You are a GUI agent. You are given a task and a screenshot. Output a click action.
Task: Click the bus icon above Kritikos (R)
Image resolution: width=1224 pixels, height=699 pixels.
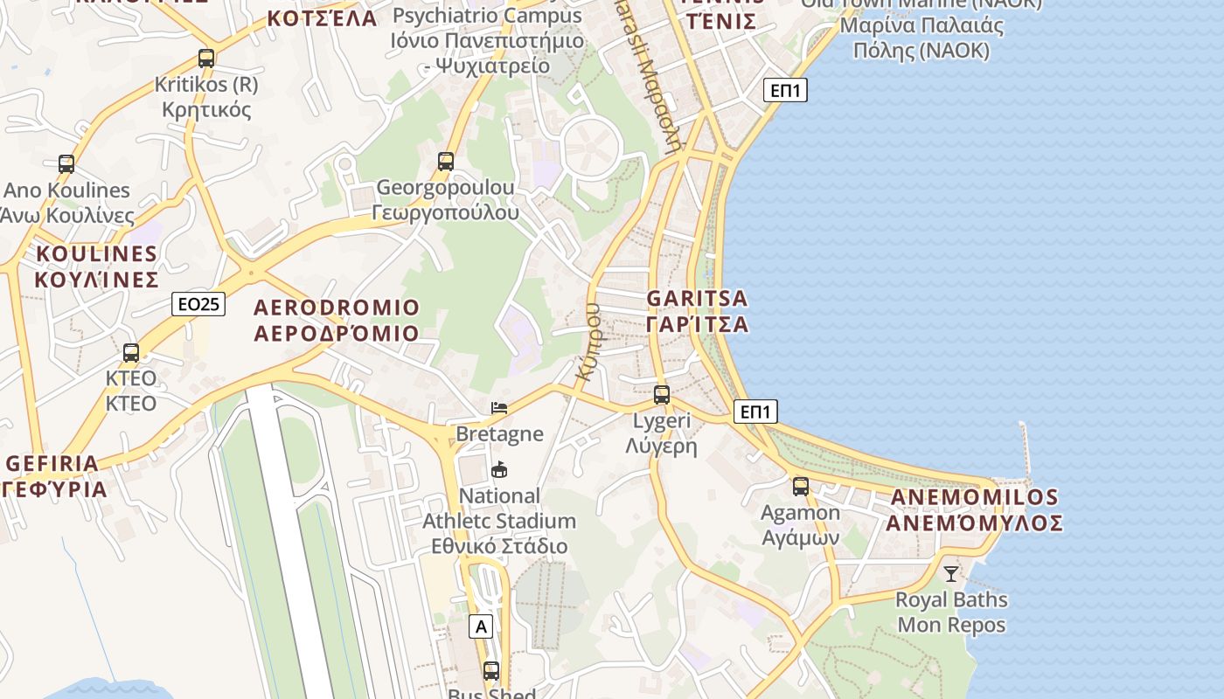(206, 59)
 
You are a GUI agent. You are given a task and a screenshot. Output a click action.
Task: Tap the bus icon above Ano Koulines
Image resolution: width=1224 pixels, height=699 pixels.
(66, 163)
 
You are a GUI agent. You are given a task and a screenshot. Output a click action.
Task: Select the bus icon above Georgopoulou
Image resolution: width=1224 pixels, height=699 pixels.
(446, 161)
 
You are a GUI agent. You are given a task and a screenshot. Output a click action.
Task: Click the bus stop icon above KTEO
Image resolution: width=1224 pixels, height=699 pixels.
(131, 353)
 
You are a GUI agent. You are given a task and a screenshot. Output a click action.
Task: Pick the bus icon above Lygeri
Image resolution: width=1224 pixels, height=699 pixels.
(662, 395)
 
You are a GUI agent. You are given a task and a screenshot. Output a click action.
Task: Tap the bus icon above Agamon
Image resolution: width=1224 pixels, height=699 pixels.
(801, 487)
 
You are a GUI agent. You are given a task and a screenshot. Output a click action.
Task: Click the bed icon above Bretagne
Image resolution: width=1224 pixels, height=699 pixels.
(499, 408)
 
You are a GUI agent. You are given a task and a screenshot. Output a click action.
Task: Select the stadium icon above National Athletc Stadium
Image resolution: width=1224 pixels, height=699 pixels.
(499, 470)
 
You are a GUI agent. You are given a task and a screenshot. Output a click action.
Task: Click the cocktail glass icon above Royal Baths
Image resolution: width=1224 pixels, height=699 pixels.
(951, 574)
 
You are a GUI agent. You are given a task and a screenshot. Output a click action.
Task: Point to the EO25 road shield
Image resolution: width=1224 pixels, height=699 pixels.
(198, 304)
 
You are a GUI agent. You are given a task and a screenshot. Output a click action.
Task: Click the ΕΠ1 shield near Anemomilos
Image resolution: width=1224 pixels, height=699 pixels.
(755, 412)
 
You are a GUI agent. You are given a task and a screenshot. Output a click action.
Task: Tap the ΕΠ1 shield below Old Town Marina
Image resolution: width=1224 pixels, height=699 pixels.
(785, 90)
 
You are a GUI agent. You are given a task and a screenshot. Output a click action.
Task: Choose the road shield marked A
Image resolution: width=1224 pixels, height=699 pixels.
(480, 626)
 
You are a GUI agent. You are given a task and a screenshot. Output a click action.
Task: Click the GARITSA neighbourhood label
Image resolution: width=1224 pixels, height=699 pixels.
(698, 311)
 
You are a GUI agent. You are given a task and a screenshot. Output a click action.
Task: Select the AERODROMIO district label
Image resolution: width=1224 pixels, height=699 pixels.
(337, 320)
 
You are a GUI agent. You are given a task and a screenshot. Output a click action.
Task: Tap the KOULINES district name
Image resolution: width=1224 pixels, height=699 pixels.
(96, 266)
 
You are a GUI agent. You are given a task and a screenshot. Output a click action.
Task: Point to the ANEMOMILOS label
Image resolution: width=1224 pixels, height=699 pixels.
(974, 510)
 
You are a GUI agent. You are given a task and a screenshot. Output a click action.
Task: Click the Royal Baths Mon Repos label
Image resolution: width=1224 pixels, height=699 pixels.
(951, 612)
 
